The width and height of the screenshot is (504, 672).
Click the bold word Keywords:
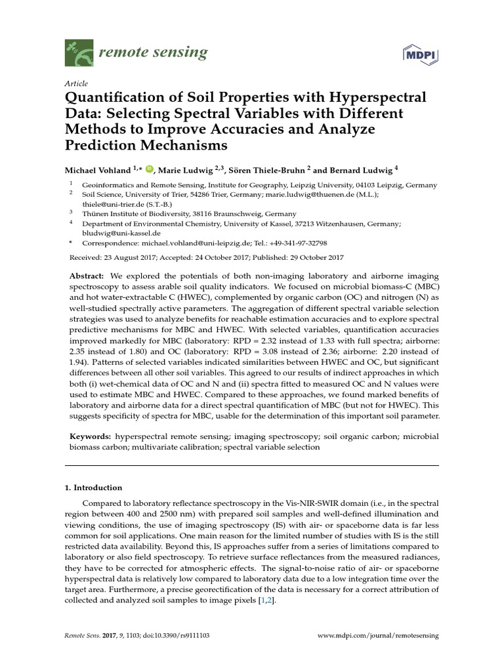91,436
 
